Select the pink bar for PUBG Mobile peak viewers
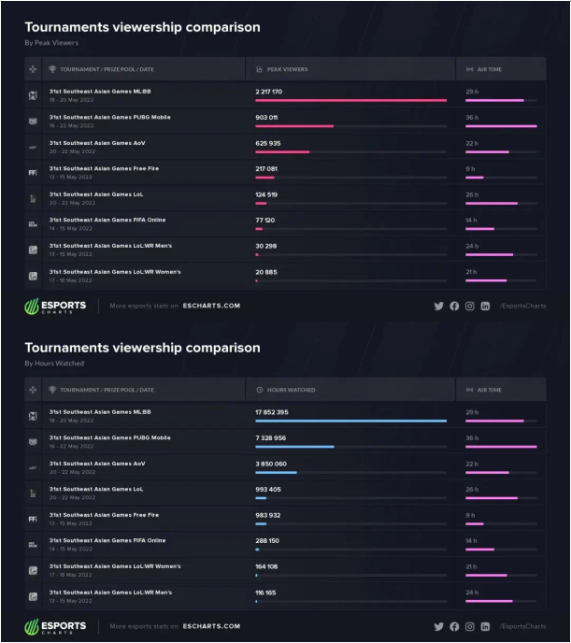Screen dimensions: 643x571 point(294,125)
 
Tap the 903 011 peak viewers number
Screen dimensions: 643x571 point(266,118)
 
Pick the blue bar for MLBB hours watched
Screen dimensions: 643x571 point(350,421)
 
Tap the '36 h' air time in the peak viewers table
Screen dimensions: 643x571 point(472,118)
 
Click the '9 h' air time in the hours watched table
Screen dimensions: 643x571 point(470,515)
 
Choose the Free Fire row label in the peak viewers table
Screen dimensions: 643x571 point(97,169)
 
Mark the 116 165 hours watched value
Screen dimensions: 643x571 point(266,593)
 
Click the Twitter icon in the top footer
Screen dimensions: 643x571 point(439,306)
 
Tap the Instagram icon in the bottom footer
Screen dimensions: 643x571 point(470,626)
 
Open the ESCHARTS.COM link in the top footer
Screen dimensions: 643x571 point(211,306)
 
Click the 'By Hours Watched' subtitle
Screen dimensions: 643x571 point(54,363)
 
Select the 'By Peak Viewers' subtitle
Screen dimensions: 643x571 point(51,42)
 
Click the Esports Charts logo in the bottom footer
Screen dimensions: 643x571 point(56,626)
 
